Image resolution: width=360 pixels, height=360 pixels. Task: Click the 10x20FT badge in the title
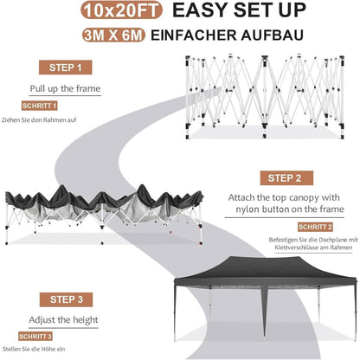(x=121, y=10)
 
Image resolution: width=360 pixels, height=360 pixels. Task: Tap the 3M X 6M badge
(x=113, y=35)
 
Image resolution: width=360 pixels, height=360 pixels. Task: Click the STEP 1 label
(x=66, y=67)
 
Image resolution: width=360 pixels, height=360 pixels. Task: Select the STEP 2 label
(x=286, y=178)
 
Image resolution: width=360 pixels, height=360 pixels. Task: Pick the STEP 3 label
(x=66, y=299)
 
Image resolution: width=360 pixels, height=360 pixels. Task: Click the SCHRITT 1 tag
(x=40, y=106)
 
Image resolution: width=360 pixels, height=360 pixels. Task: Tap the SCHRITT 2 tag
(x=315, y=227)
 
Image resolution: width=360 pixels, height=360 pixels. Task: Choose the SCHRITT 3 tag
(x=35, y=337)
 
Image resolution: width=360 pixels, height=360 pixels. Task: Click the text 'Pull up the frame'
(x=65, y=88)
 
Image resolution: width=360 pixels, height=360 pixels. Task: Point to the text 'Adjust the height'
(x=63, y=320)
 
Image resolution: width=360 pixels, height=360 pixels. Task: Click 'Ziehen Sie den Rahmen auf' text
(x=39, y=119)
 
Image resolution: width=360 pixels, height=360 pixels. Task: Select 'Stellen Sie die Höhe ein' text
(x=34, y=349)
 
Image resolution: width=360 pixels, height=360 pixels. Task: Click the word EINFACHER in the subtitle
(x=194, y=35)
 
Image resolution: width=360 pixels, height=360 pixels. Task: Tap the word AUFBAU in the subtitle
(x=273, y=35)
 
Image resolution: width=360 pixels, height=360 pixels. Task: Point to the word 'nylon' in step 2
(x=247, y=209)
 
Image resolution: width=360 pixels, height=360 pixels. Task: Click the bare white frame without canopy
(x=265, y=97)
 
